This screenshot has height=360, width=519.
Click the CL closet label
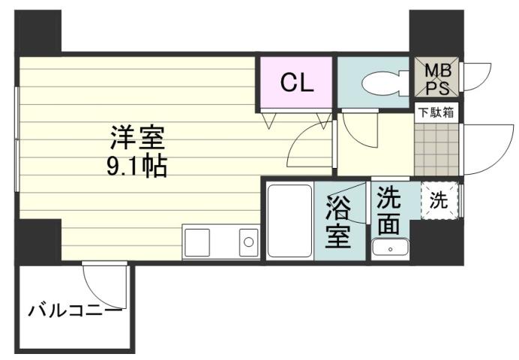(x=296, y=82)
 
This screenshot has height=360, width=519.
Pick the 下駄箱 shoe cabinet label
(x=436, y=113)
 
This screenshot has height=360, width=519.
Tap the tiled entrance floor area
(x=436, y=149)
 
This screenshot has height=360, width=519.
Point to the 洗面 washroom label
(x=388, y=211)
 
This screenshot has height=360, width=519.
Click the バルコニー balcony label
(x=74, y=309)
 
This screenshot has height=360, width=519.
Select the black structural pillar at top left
(x=38, y=31)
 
